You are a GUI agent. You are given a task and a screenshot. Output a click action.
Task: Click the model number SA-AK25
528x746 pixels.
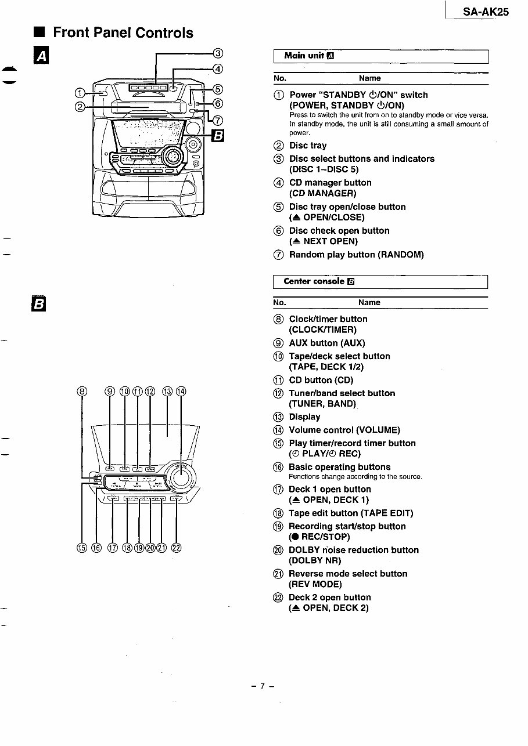[x=485, y=12]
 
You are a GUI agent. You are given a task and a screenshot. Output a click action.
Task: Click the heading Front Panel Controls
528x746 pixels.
[x=123, y=33]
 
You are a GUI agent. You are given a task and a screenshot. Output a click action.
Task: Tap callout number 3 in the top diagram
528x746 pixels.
[x=218, y=53]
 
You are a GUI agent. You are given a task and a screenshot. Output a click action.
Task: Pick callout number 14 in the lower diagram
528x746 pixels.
[x=181, y=392]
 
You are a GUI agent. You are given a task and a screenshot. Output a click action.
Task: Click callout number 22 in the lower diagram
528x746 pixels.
[x=177, y=548]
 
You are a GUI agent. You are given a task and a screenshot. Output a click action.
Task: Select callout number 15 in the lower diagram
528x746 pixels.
[x=82, y=548]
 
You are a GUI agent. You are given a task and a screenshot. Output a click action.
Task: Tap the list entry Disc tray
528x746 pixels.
[x=307, y=146]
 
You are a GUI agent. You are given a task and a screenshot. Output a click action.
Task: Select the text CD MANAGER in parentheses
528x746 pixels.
[x=322, y=193]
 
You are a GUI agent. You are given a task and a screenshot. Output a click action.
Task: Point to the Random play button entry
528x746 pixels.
[x=356, y=255]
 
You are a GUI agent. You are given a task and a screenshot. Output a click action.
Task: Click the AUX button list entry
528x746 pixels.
[x=326, y=343]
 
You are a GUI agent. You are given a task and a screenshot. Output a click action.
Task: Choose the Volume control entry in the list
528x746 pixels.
[x=344, y=430]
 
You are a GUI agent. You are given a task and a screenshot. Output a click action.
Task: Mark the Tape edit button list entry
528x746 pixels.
[x=351, y=513]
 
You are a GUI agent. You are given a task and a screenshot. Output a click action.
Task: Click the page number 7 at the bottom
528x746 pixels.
[x=263, y=686]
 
